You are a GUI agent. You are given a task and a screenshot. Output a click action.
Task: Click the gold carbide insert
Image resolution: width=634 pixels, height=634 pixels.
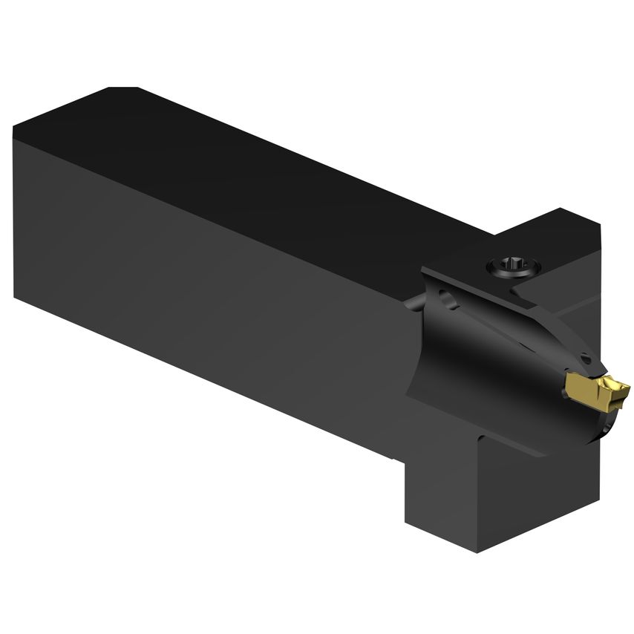[595, 387]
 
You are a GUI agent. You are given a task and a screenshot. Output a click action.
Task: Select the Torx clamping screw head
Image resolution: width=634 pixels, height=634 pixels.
[514, 265]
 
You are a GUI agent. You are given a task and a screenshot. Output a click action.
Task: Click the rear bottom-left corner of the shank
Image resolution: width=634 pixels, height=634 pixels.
[14, 297]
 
